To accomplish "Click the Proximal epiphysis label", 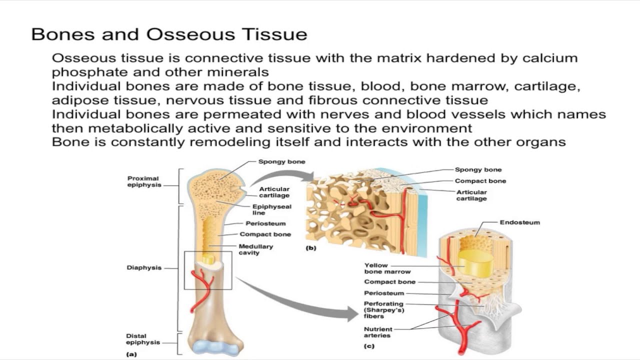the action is (x=143, y=181).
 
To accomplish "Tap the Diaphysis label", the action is (x=144, y=268).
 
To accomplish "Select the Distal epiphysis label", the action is (x=136, y=339).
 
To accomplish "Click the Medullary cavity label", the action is (x=255, y=249).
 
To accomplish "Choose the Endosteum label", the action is (x=519, y=222).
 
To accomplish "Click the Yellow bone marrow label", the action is (x=387, y=268).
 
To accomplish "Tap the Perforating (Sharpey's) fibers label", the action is (x=383, y=310).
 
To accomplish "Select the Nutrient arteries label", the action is (x=378, y=332).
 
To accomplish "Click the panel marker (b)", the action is (x=311, y=247).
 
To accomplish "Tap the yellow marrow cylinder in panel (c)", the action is (x=475, y=262).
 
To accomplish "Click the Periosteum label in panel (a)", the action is (x=265, y=223).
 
